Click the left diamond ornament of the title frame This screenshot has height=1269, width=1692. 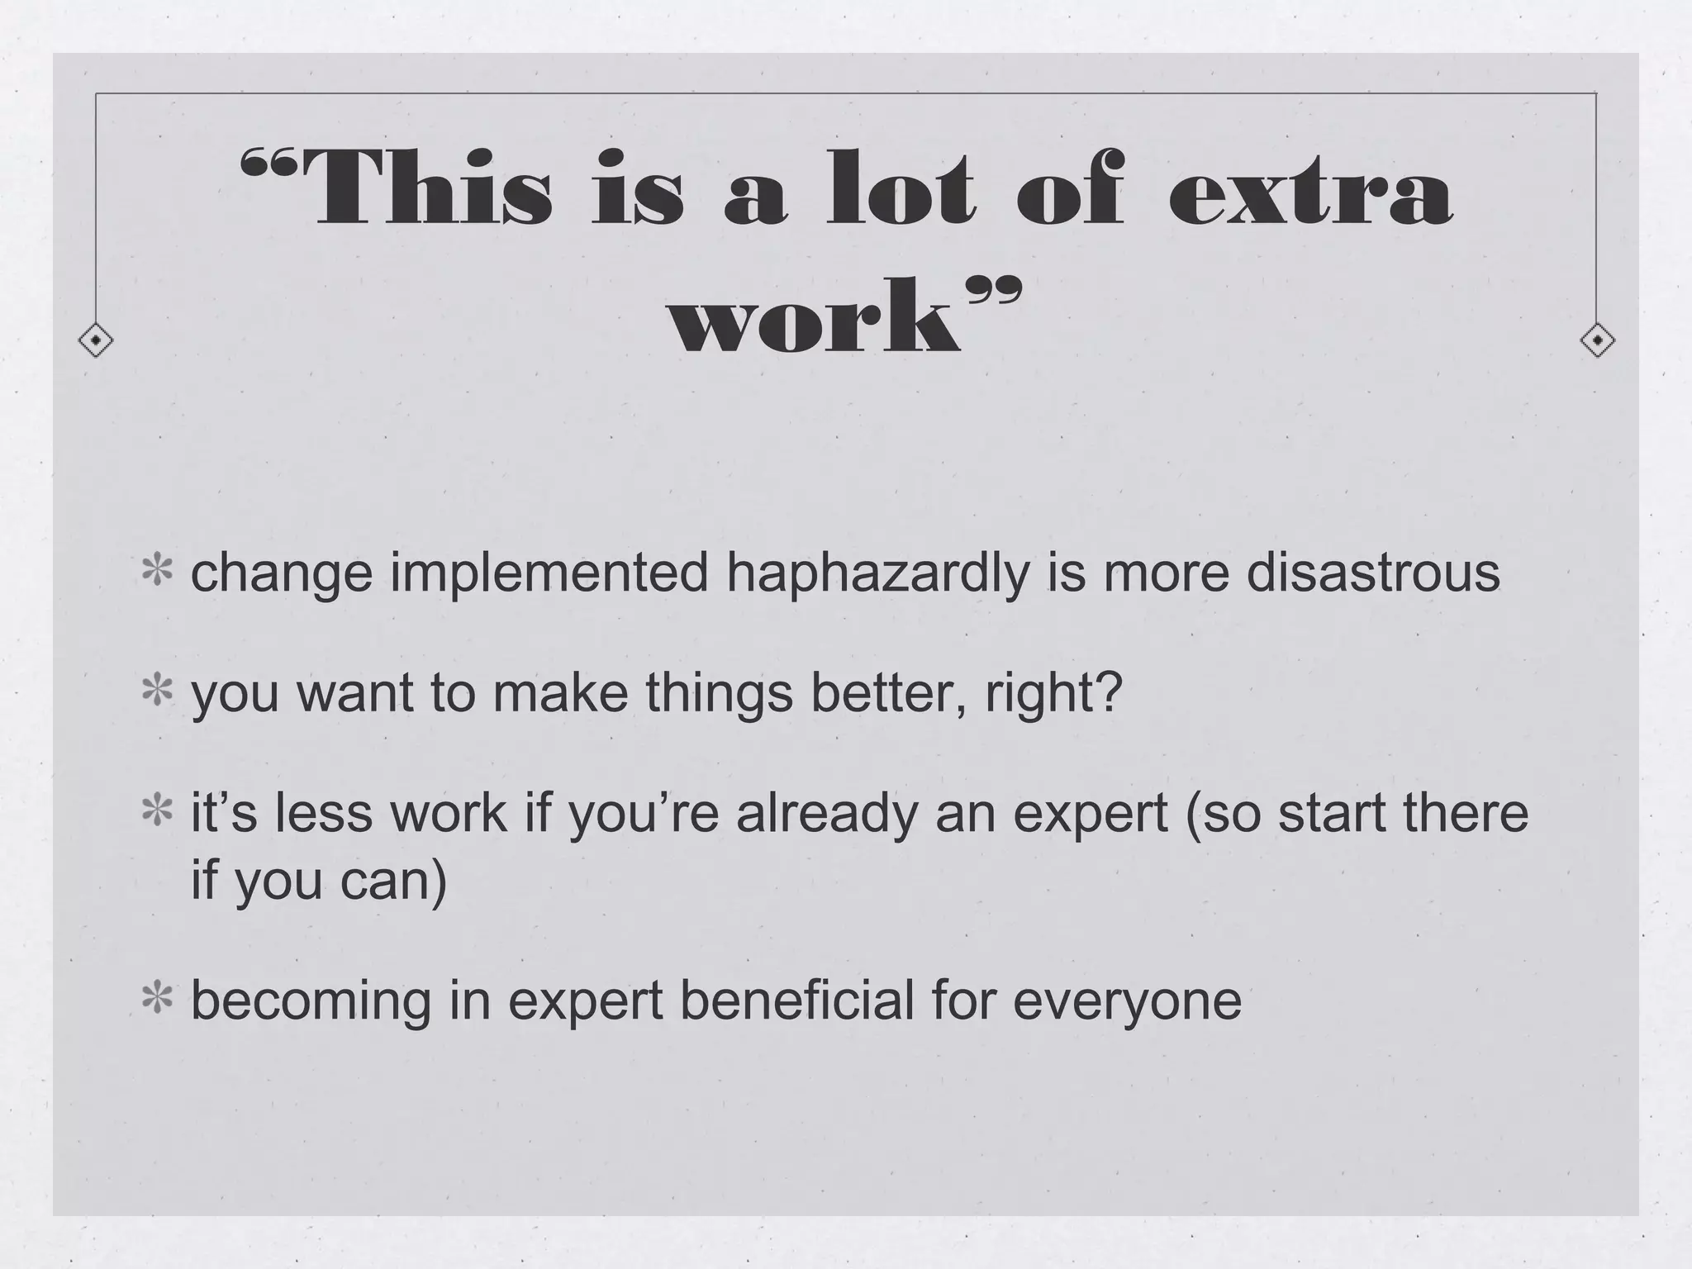point(96,340)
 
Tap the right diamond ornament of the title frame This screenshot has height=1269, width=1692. point(1596,340)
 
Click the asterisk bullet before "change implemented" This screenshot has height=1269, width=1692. point(156,573)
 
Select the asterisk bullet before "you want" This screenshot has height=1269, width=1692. point(156,692)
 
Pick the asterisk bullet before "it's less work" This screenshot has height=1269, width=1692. point(156,813)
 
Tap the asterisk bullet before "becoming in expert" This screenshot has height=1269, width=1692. point(156,1000)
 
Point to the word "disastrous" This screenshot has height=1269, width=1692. point(1372,573)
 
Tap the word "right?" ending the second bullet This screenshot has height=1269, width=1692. point(1054,694)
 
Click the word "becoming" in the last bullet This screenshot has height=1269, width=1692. point(311,1001)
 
